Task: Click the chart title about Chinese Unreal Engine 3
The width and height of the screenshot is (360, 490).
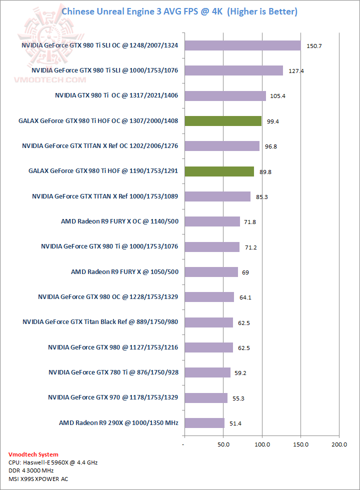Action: pyautogui.click(x=179, y=11)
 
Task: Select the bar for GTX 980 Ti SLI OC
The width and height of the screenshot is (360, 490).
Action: pyautogui.click(x=242, y=45)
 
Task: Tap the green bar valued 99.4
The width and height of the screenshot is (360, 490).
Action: pyautogui.click(x=223, y=120)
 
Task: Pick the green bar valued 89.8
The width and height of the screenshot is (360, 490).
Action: pyautogui.click(x=219, y=171)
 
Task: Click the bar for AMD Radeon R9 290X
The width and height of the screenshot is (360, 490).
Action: pyautogui.click(x=204, y=423)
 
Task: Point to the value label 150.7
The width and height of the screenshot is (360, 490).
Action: pyautogui.click(x=313, y=46)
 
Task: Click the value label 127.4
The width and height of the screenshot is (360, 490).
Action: pyautogui.click(x=295, y=71)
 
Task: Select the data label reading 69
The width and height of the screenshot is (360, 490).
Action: pyautogui.click(x=245, y=272)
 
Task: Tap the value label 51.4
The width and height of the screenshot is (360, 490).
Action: pyautogui.click(x=235, y=423)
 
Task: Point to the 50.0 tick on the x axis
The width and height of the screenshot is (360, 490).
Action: pyautogui.click(x=223, y=444)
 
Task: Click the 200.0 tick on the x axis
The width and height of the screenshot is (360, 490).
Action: pyautogui.click(x=339, y=444)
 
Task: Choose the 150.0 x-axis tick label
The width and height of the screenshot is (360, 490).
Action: pyautogui.click(x=300, y=444)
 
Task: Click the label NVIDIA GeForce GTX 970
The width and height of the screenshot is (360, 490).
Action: pyautogui.click(x=113, y=397)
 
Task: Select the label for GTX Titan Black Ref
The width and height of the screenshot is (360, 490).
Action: pyautogui.click(x=100, y=322)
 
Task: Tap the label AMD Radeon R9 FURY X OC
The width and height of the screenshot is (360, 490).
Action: pyautogui.click(x=119, y=221)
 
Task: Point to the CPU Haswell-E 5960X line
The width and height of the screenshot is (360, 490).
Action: pyautogui.click(x=53, y=462)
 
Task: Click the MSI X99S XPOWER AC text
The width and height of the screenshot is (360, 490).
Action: pyautogui.click(x=38, y=479)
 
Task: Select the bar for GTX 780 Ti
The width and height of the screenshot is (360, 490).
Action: pyautogui.click(x=207, y=372)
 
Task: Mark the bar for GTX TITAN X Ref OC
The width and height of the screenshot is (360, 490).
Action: pyautogui.click(x=221, y=146)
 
